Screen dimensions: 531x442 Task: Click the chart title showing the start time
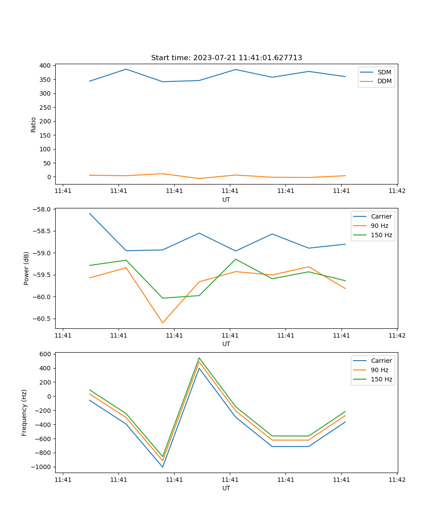[226, 58]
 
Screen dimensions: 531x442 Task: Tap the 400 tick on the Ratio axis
[45, 65]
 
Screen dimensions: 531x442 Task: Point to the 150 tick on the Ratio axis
[45, 135]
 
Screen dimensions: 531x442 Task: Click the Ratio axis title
[34, 124]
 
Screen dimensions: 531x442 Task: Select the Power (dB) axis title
[27, 268]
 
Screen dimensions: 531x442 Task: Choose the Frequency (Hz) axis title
[24, 412]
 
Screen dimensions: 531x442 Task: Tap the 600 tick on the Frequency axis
[46, 354]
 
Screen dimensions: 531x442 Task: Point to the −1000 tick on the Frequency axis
[42, 467]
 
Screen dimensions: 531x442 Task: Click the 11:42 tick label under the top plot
[396, 191]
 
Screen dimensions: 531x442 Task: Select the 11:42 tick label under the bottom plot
[396, 480]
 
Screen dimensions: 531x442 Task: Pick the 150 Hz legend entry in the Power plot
[381, 235]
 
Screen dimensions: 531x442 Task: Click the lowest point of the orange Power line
[163, 323]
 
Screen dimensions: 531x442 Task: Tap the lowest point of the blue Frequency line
[163, 467]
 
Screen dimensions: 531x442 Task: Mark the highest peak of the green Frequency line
[199, 358]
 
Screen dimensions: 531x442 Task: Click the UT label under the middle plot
[226, 344]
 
